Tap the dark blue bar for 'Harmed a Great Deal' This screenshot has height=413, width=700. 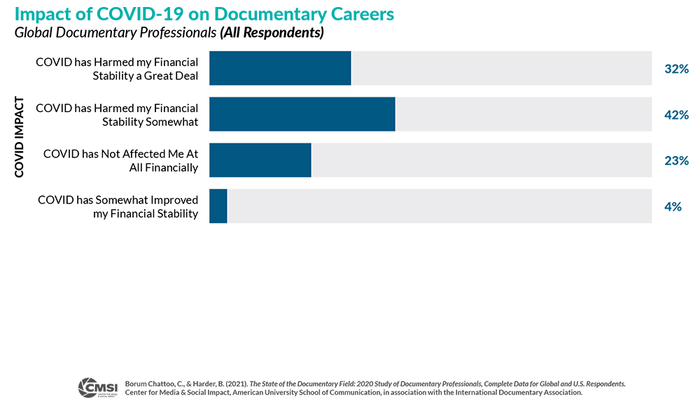pyautogui.click(x=280, y=68)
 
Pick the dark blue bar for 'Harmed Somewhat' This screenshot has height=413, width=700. pyautogui.click(x=302, y=114)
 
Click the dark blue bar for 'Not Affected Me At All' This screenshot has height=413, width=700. pyautogui.click(x=260, y=160)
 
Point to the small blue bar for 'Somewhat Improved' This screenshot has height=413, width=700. pyautogui.click(x=218, y=206)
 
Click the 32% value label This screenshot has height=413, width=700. pyautogui.click(x=676, y=69)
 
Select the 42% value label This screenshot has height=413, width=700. pyautogui.click(x=676, y=115)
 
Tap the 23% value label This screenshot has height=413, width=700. pyautogui.click(x=676, y=161)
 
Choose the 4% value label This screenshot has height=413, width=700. pyautogui.click(x=673, y=207)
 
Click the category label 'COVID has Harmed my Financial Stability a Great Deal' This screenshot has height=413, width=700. pyautogui.click(x=117, y=69)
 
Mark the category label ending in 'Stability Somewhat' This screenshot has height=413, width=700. pyautogui.click(x=117, y=115)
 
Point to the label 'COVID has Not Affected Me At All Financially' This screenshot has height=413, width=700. pyautogui.click(x=120, y=161)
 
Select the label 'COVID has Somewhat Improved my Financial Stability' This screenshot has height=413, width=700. pyautogui.click(x=118, y=207)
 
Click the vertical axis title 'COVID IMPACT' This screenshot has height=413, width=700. pyautogui.click(x=20, y=137)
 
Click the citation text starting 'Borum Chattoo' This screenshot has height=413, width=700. pyautogui.click(x=374, y=388)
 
